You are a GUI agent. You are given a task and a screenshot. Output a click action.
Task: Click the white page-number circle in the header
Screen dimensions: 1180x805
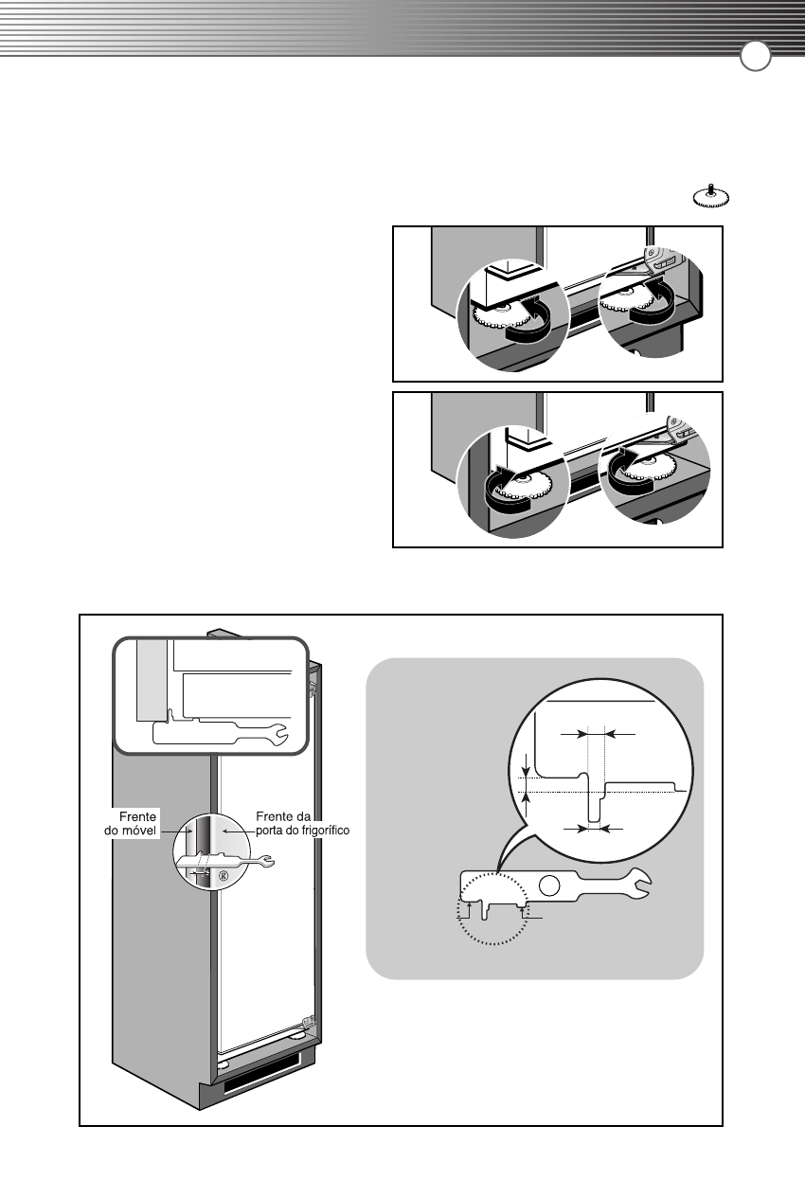[x=755, y=58]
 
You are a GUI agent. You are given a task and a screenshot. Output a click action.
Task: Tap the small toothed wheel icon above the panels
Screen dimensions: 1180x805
[x=711, y=196]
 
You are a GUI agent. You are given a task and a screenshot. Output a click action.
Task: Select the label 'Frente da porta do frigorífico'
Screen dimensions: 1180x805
[x=302, y=823]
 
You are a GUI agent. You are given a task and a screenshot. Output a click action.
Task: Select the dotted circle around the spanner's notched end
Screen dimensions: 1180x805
[x=493, y=910]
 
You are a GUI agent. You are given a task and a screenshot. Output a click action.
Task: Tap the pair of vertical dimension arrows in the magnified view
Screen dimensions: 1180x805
[x=527, y=784]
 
